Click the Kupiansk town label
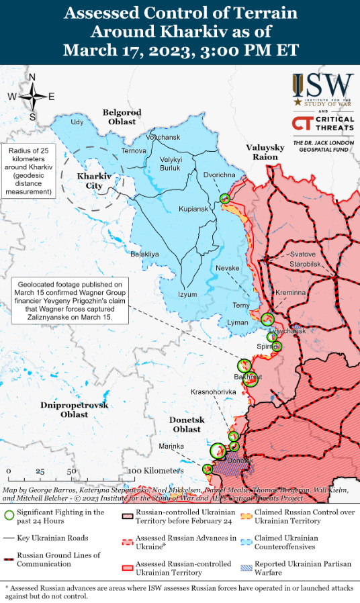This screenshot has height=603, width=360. pos(193,210)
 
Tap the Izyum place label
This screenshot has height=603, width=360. pos(187,294)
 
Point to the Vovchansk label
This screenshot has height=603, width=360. pos(163,137)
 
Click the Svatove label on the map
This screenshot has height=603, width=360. pos(302,254)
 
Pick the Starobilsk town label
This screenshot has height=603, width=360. pos(306,265)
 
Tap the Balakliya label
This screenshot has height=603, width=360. pos(144,254)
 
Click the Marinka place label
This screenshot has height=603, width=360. pos(171,447)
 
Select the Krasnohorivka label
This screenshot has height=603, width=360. pos(214,391)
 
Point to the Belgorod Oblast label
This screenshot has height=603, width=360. pos(122,117)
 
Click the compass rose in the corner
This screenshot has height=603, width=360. pos(32,97)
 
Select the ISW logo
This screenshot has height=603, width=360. pos(322,91)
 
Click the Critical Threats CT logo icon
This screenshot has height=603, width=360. pos(302,124)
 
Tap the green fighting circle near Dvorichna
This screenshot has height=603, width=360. pos(225,198)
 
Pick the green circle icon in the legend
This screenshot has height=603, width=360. pos(9,516)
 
